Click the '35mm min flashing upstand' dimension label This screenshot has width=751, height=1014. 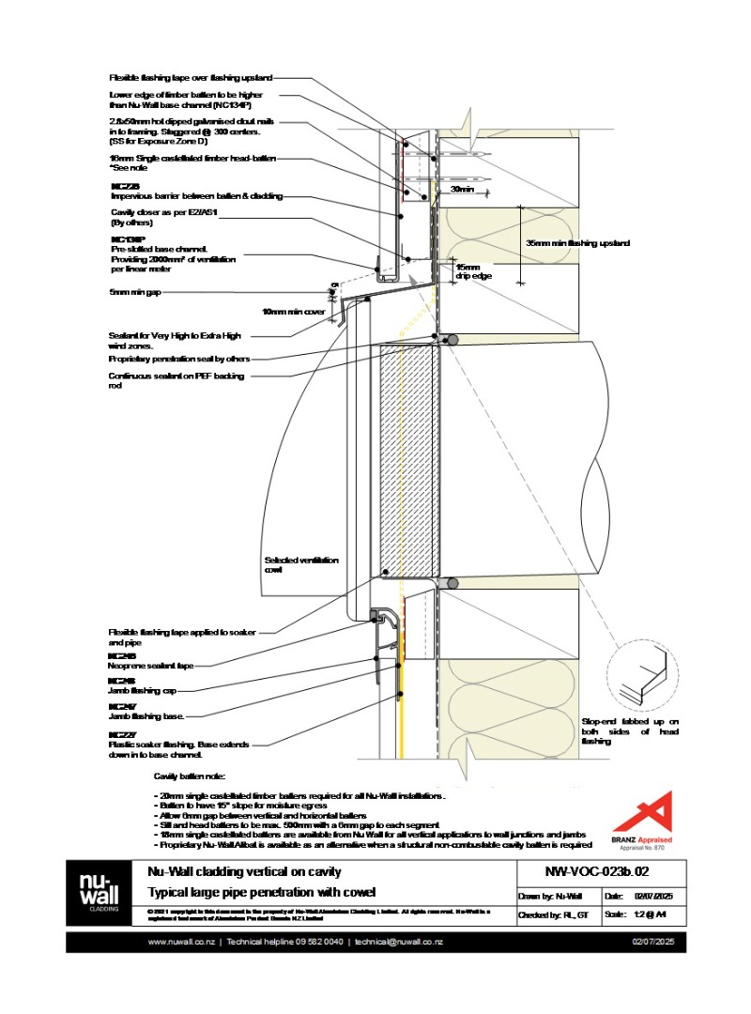577,243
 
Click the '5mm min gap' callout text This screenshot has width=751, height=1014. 135,292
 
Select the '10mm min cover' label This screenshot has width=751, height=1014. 293,311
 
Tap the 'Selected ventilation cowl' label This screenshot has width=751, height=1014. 301,565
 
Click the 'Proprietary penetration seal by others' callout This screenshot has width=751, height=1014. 179,359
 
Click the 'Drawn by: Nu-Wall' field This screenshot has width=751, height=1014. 555,897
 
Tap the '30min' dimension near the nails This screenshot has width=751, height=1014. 462,191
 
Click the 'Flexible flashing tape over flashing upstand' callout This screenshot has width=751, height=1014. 191,79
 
